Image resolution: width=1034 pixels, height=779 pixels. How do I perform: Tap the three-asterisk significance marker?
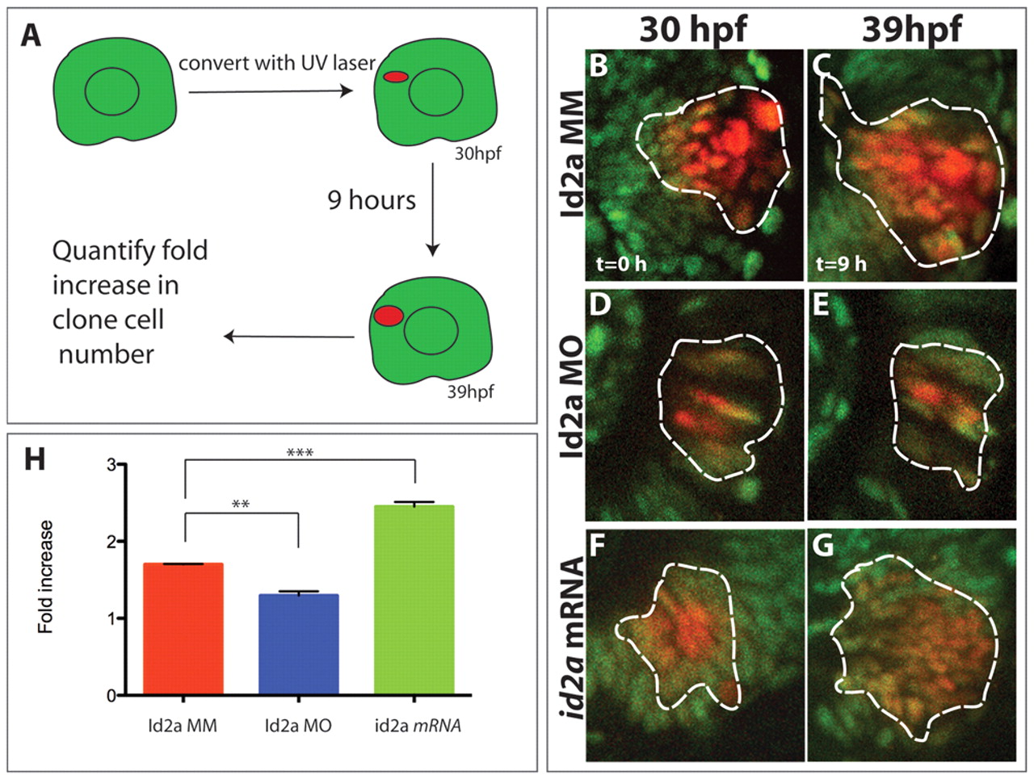click(x=300, y=453)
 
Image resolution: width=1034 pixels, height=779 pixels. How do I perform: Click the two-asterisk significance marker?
click(x=241, y=505)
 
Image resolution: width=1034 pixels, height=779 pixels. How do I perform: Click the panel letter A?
click(x=31, y=36)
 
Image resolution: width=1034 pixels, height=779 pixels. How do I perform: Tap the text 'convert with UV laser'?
click(x=277, y=62)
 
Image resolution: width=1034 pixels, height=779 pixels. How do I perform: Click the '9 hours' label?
click(x=372, y=199)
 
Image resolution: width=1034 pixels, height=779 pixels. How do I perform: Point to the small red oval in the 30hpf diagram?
click(x=395, y=77)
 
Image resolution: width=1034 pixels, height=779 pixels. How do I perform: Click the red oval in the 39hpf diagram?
click(x=389, y=316)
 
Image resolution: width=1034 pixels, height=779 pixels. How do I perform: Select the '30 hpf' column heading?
click(x=693, y=29)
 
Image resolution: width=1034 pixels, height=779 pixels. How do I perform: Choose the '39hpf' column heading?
click(x=911, y=29)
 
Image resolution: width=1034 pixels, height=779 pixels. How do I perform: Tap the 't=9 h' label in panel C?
click(x=841, y=263)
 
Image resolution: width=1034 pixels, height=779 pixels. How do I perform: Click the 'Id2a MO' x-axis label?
click(x=298, y=726)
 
